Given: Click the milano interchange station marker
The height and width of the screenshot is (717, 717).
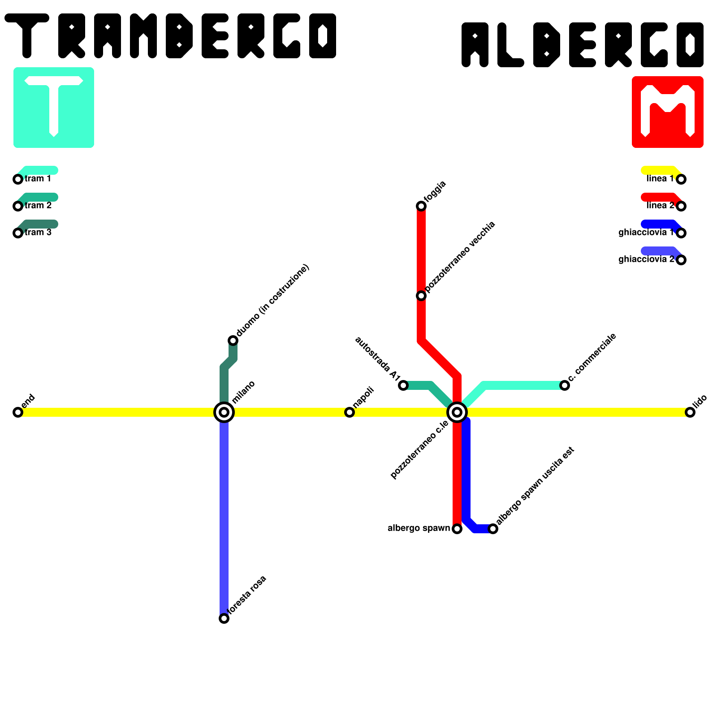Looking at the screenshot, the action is click(224, 412).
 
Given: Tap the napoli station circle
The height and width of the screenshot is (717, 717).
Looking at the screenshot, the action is click(350, 412).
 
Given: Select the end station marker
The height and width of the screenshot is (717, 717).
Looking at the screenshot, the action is click(18, 412).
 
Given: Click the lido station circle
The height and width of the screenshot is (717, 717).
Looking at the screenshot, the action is click(690, 412).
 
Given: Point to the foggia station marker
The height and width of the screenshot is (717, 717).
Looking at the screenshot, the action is click(421, 206).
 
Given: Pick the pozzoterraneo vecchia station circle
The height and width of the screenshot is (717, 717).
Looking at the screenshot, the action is click(421, 296).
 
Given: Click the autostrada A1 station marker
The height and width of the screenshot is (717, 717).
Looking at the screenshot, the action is click(403, 385).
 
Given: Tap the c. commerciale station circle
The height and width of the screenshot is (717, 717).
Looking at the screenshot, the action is click(565, 385).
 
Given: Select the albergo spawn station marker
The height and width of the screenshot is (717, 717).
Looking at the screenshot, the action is click(457, 529).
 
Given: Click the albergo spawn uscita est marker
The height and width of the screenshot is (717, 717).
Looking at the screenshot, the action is click(493, 529).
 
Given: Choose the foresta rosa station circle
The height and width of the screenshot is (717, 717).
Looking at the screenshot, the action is click(224, 618).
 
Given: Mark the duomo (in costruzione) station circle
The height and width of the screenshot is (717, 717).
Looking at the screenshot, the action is click(233, 341).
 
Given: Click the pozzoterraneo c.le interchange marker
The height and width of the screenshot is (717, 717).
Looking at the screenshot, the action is click(457, 412).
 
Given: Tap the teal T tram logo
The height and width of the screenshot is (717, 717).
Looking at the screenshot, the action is click(54, 108).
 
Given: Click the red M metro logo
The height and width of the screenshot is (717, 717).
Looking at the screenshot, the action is click(668, 112).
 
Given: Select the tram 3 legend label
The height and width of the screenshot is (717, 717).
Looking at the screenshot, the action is click(38, 233).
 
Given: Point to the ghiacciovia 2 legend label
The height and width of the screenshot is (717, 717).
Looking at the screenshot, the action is click(646, 259).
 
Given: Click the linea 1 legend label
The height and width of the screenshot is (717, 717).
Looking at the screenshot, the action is click(660, 179).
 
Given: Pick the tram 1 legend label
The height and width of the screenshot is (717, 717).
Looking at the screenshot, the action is click(38, 179).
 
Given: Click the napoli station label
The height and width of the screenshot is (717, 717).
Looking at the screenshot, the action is click(363, 397).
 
